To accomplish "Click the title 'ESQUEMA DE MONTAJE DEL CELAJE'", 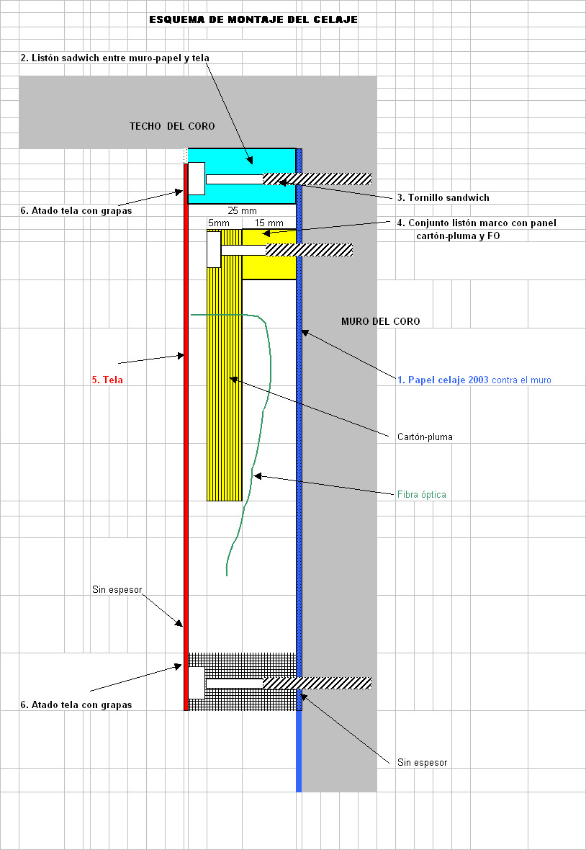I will (253, 19).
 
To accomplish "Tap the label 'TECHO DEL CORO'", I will (172, 126).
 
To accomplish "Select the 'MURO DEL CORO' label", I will (381, 321).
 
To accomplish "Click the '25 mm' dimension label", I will (242, 211).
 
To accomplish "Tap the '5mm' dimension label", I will (219, 223).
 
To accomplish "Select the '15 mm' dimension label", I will (269, 223).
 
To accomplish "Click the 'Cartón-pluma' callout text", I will (425, 437).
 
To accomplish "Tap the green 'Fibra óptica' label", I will (422, 494).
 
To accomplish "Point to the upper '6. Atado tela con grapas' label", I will (76, 211).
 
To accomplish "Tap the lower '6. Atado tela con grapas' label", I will (76, 704).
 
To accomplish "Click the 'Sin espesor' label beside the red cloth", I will (117, 589).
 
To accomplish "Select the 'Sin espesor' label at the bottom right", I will (423, 762).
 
